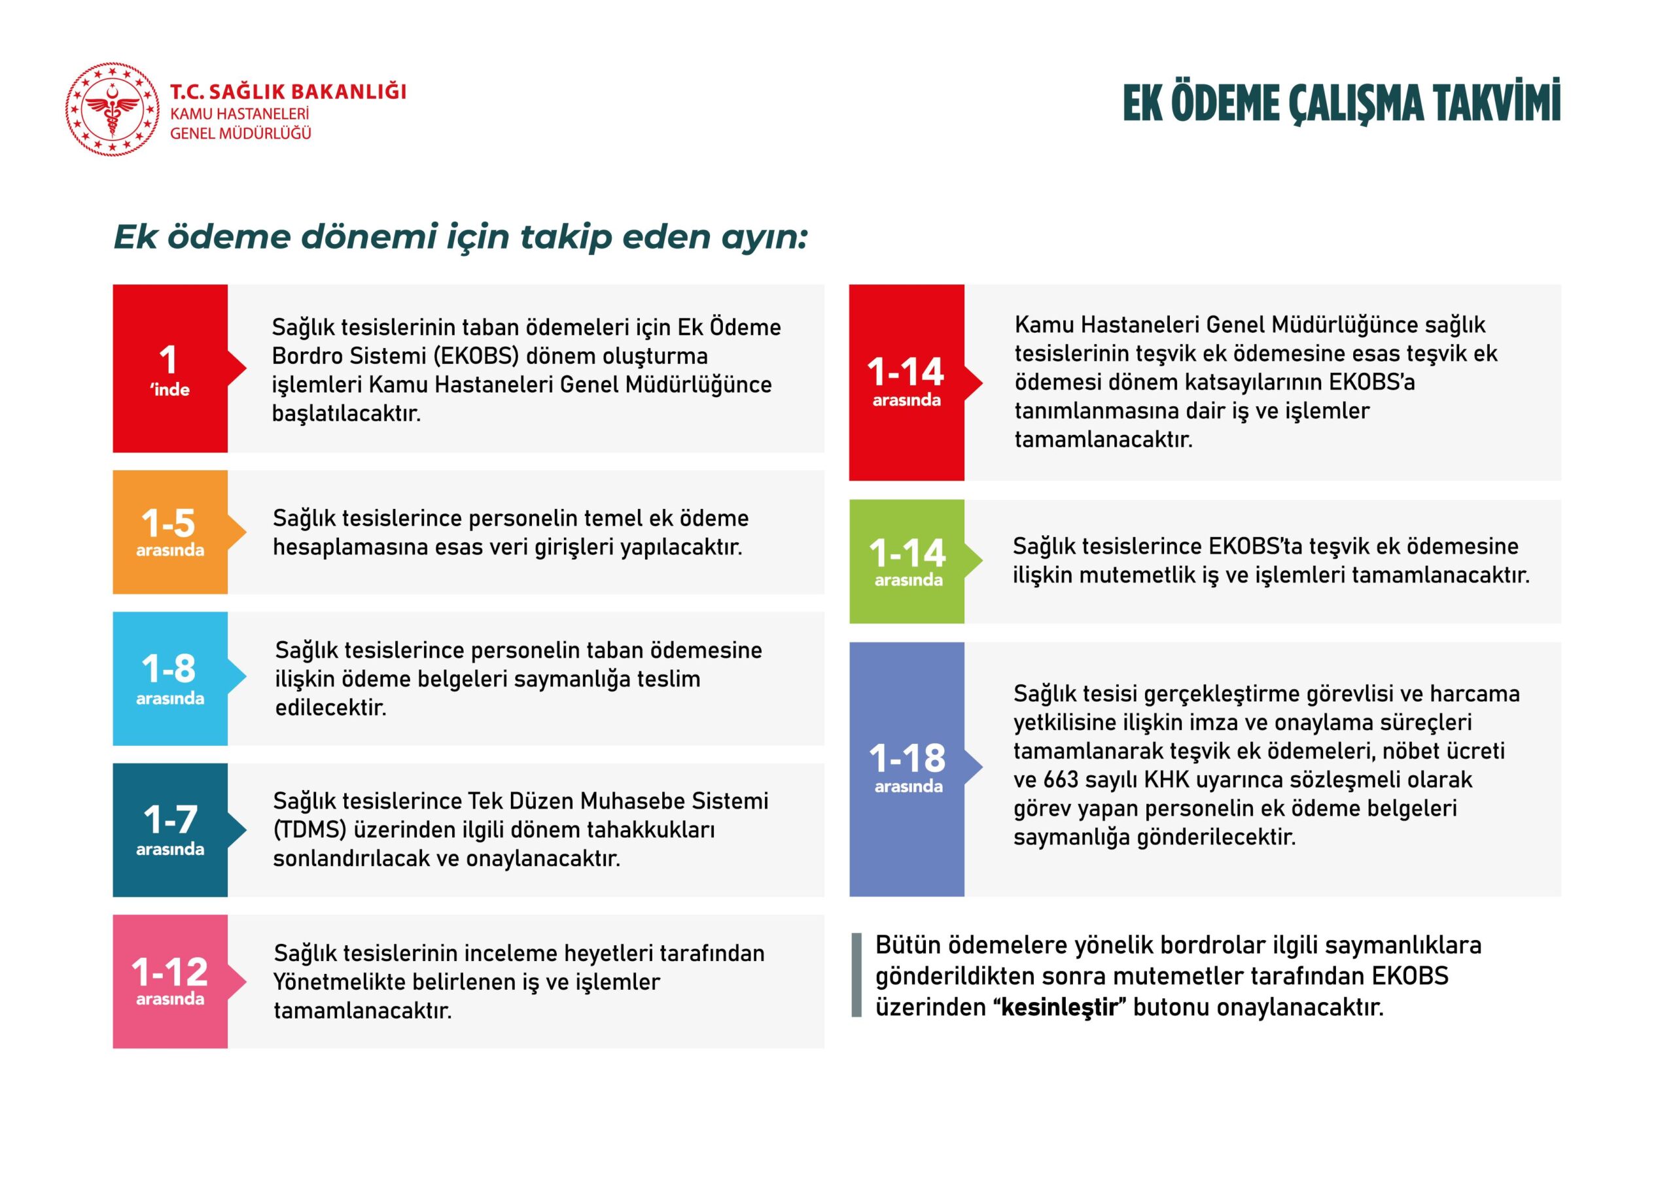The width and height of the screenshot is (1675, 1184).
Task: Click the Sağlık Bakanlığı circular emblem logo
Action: (x=112, y=109)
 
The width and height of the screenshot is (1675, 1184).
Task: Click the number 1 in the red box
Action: (x=169, y=360)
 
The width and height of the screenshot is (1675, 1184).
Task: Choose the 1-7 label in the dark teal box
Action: (x=170, y=819)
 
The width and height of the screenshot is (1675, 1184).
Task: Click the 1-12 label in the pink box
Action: (x=169, y=971)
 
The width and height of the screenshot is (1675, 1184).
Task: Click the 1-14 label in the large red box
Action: (x=906, y=372)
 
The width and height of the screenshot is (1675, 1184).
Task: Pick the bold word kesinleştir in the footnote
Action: (x=1059, y=1007)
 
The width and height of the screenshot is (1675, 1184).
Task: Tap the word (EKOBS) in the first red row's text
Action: (x=476, y=356)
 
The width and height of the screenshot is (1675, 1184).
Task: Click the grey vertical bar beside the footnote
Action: (x=856, y=975)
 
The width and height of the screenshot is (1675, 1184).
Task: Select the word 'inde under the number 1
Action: (x=170, y=391)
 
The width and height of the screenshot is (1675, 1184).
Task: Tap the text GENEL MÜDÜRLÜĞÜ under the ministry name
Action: (x=240, y=133)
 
